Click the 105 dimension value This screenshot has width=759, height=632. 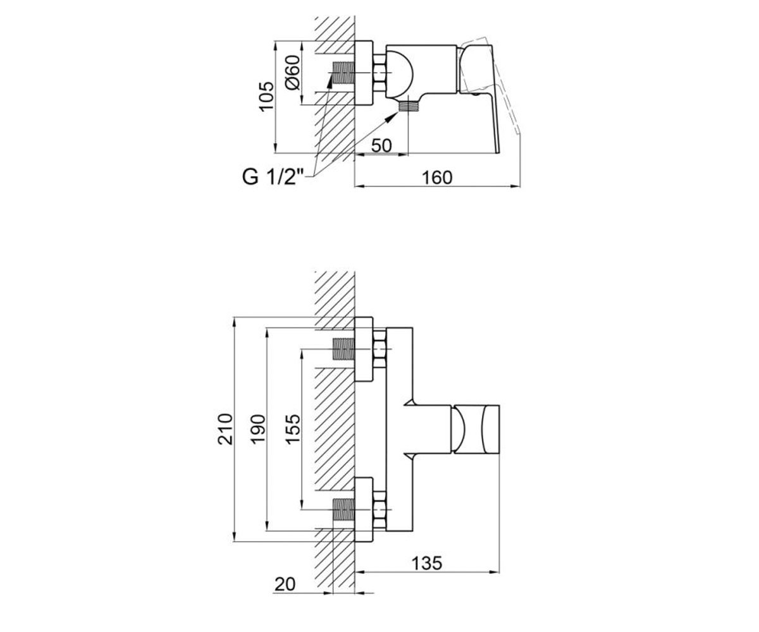(266, 96)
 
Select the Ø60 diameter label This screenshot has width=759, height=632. (293, 73)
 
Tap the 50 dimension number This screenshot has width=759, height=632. (381, 145)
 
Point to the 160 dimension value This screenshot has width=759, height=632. (437, 178)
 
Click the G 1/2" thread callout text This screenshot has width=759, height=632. (273, 178)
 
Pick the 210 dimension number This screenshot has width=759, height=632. (225, 429)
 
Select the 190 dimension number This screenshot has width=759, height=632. (258, 429)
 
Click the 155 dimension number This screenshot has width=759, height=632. (293, 429)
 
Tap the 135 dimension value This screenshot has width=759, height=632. (427, 563)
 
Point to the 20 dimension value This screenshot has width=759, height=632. (285, 585)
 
